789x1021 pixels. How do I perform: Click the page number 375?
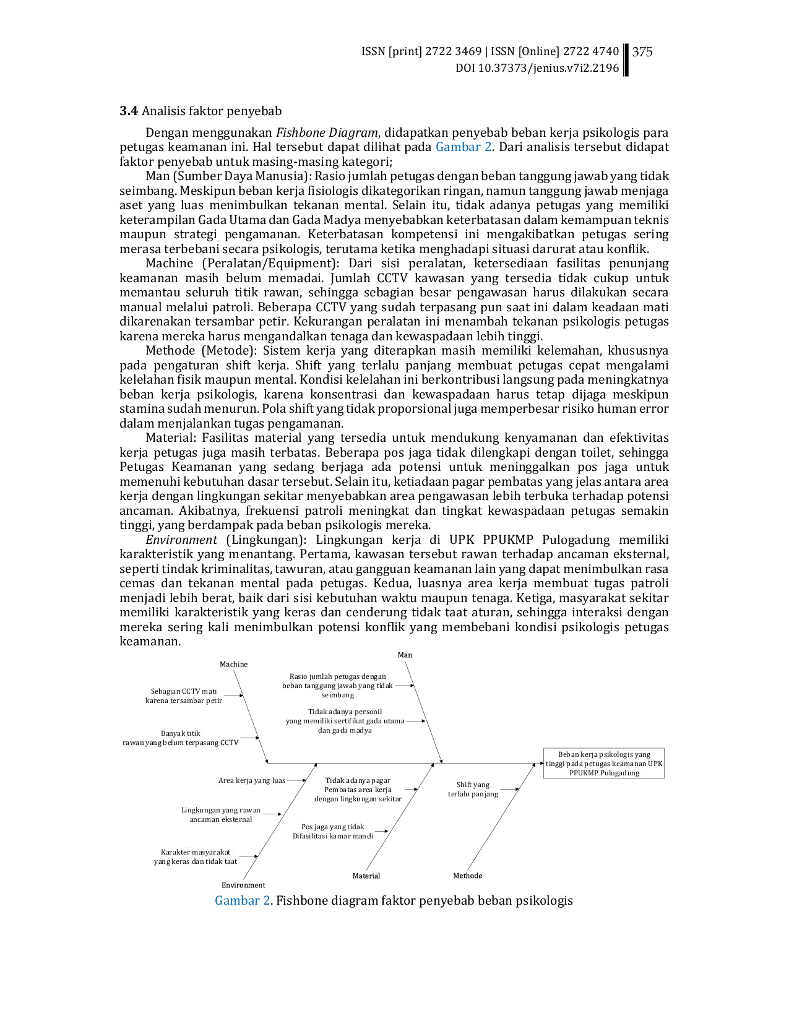(x=642, y=52)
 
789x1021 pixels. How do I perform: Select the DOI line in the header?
(x=537, y=68)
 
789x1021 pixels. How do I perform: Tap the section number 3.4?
(x=129, y=111)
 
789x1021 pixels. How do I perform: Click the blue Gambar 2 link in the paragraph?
(x=463, y=147)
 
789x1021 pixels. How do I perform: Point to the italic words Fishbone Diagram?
(x=327, y=133)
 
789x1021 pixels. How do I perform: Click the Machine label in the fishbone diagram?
(x=233, y=664)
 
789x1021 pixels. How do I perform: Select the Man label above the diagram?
(x=405, y=655)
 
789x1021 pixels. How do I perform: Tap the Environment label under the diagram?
(x=243, y=885)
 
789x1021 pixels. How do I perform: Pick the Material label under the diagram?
(x=366, y=876)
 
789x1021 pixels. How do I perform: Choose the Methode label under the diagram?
(x=468, y=876)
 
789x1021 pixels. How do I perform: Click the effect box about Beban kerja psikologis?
(x=604, y=764)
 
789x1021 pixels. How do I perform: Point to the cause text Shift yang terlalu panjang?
(x=473, y=790)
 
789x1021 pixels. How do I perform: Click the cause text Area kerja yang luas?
(x=252, y=780)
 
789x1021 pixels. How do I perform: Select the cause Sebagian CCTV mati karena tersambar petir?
(x=184, y=696)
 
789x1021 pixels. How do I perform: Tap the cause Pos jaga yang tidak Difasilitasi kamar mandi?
(x=333, y=831)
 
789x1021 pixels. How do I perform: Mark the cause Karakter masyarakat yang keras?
(x=196, y=856)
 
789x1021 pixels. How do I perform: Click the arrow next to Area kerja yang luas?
(x=296, y=780)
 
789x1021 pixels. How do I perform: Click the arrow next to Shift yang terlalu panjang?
(x=509, y=790)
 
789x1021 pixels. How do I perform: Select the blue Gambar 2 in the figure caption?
(x=243, y=900)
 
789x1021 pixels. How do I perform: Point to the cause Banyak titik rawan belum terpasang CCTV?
(x=181, y=738)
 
